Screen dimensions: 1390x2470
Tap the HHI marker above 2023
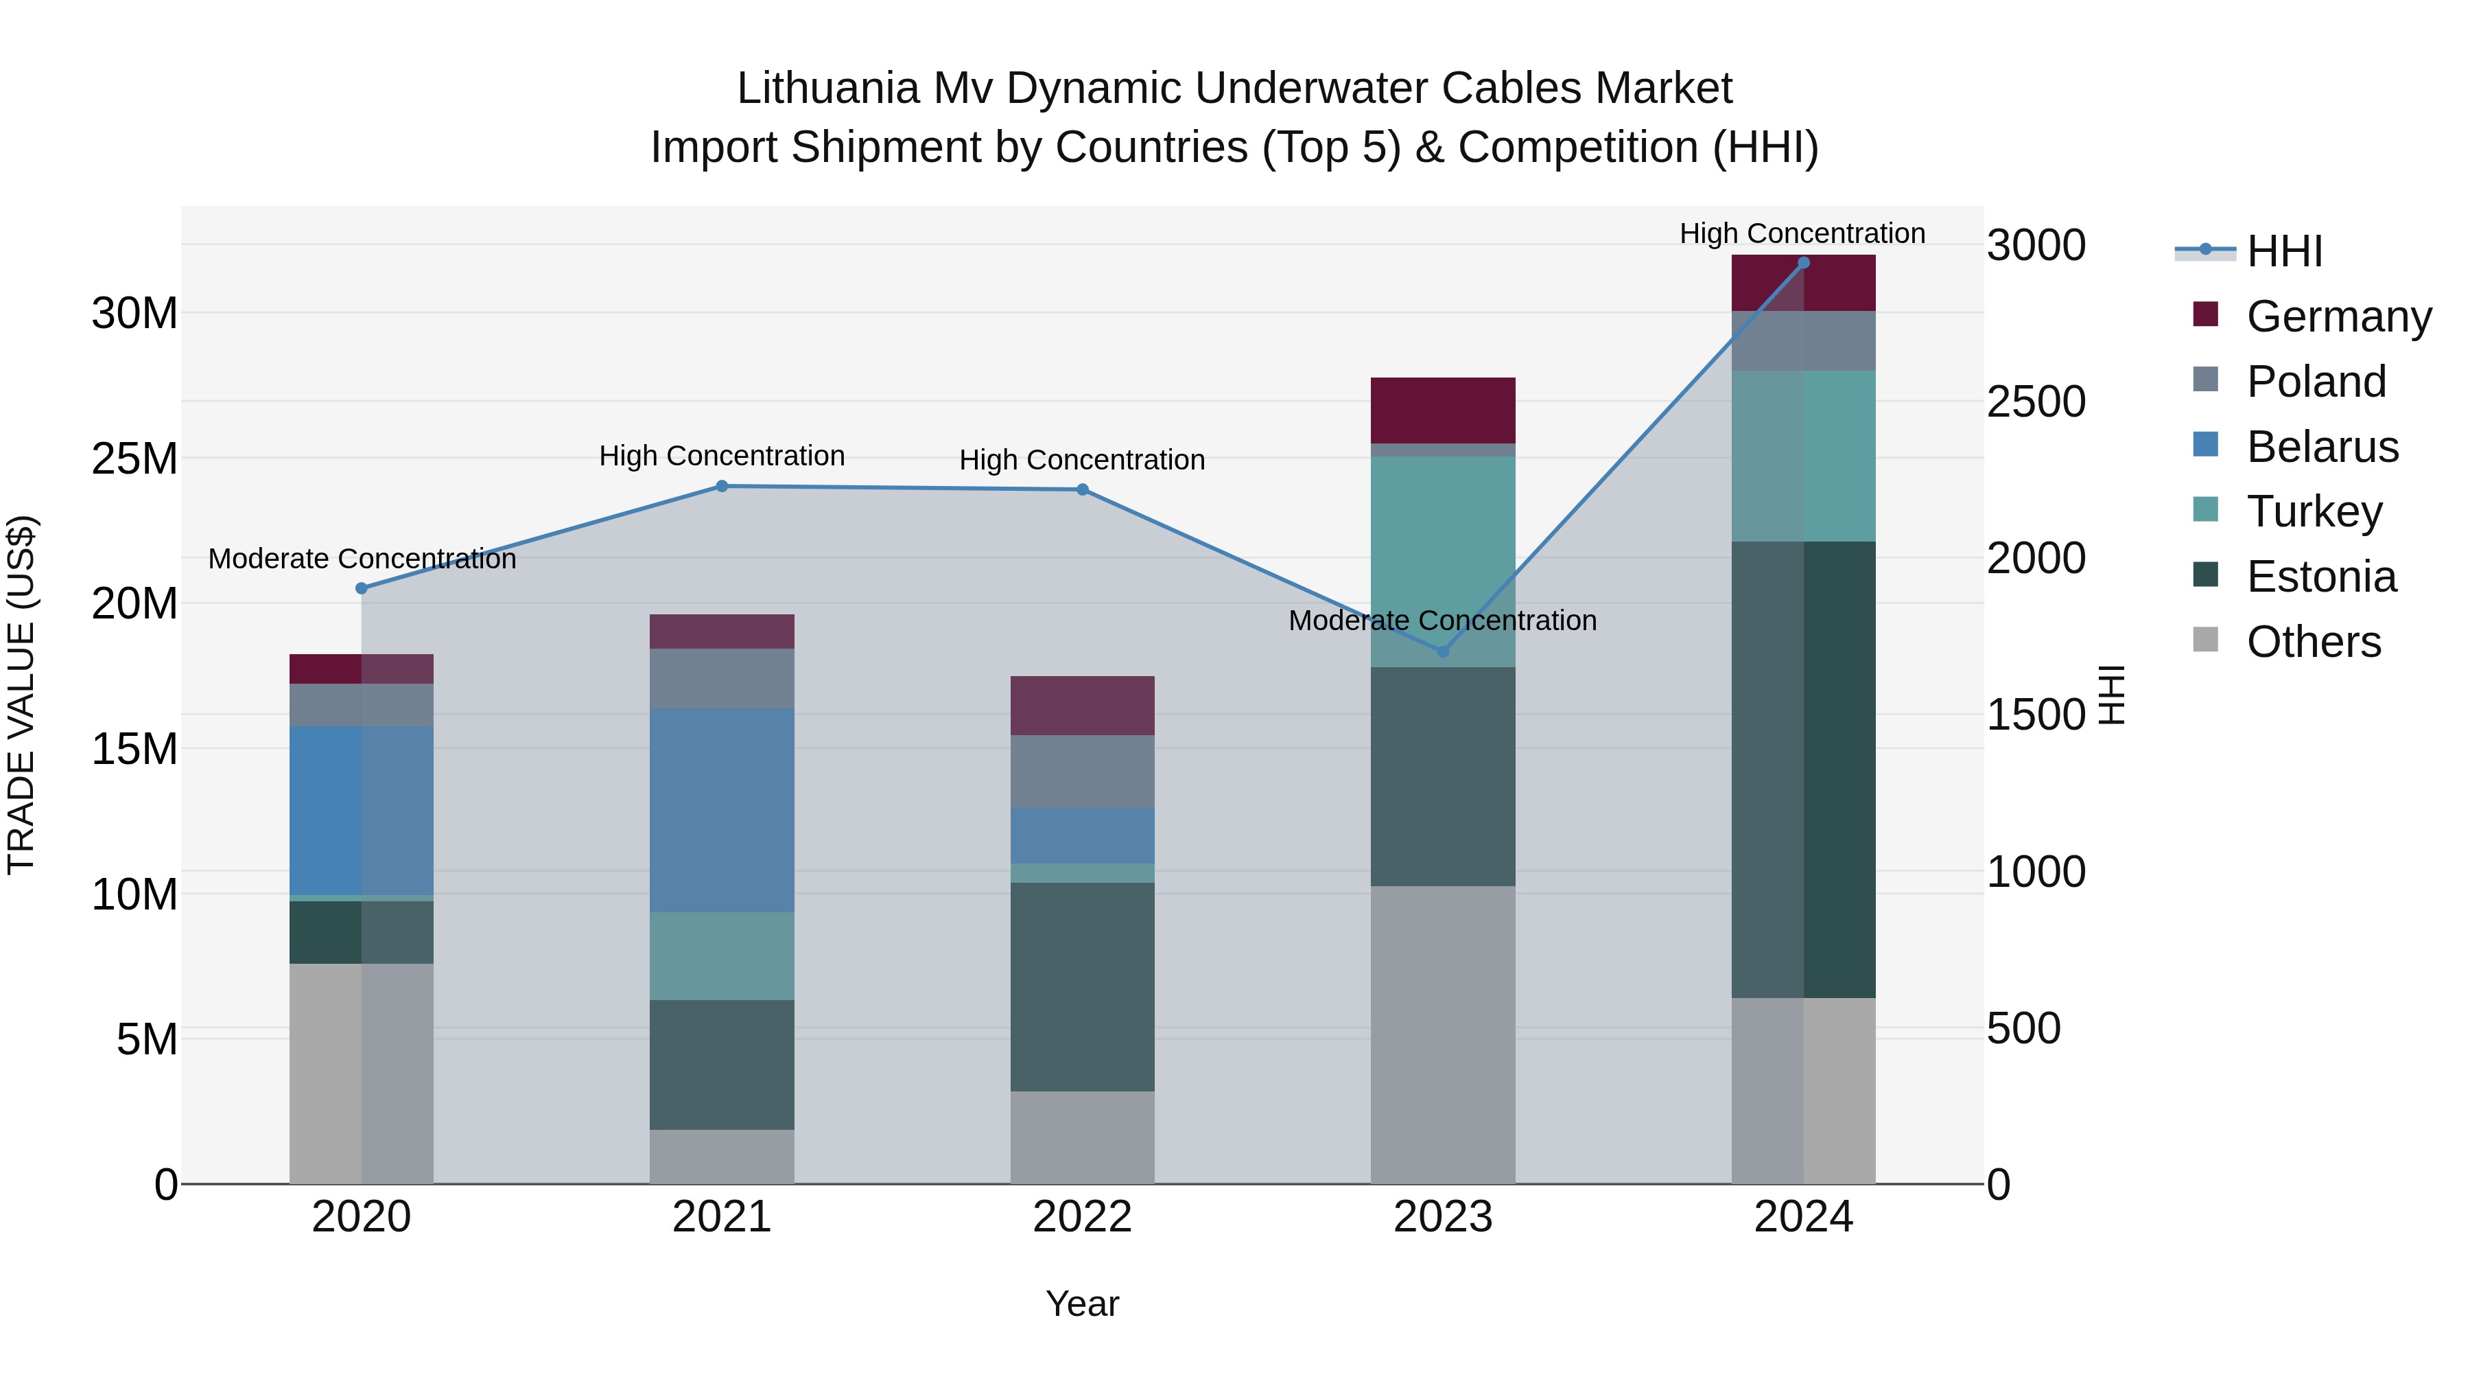click(x=1443, y=651)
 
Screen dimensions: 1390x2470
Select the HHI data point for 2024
click(x=1804, y=263)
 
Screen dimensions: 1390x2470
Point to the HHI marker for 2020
click(x=362, y=588)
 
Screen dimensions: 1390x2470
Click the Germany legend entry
click(x=2338, y=316)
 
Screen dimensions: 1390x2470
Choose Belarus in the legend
click(x=2321, y=447)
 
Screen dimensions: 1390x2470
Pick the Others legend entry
click(x=2313, y=642)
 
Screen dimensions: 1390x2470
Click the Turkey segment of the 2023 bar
click(x=1443, y=561)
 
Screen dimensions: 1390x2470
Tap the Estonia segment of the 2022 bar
click(x=1083, y=986)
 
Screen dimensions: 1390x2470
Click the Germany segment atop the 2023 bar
click(x=1443, y=410)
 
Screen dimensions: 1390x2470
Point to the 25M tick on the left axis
click(x=134, y=459)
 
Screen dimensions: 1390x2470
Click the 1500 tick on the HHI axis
click(x=2036, y=716)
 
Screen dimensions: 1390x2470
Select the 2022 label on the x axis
click(x=1083, y=1217)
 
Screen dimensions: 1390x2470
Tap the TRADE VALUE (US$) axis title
click(x=22, y=695)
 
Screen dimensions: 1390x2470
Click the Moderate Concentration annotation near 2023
click(x=1442, y=621)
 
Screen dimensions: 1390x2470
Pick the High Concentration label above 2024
click(x=1802, y=233)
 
